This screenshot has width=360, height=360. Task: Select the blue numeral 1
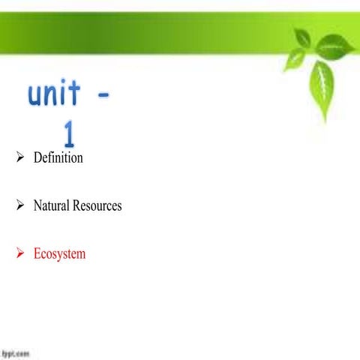[x=69, y=135]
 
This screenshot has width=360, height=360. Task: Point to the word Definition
[x=58, y=158]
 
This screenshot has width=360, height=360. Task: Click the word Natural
[x=51, y=205]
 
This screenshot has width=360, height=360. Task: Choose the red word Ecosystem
[x=60, y=253]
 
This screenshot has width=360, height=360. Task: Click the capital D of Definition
[x=38, y=158]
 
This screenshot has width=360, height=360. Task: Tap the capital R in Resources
[x=76, y=205]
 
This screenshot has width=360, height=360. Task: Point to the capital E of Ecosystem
[x=37, y=253]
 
